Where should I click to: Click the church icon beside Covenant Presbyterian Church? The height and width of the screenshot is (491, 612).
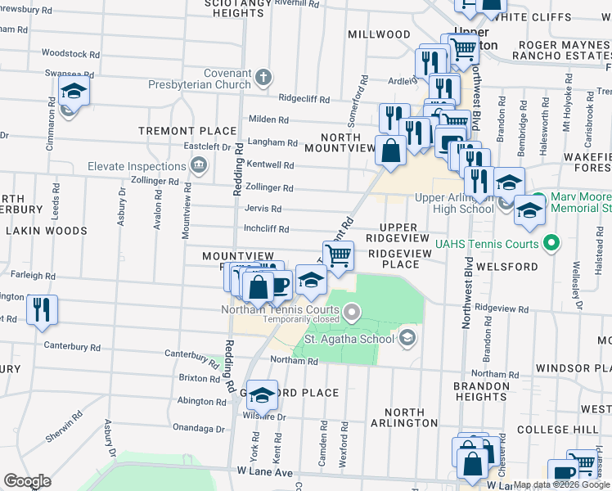[262, 78]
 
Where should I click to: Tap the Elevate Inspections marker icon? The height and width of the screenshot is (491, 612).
[198, 167]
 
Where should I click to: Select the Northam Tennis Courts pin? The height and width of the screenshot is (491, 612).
[352, 310]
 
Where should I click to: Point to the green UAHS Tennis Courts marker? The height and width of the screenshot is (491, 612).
[551, 244]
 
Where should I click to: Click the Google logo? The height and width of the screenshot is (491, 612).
[27, 481]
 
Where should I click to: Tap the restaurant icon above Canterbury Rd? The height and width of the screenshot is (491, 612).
[40, 311]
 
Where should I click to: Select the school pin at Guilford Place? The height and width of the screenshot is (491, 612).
[262, 396]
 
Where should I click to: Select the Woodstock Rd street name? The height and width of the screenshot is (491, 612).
[70, 53]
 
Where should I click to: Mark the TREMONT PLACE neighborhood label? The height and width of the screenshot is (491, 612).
[187, 131]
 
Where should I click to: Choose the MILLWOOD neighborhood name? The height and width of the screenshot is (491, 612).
[379, 34]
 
